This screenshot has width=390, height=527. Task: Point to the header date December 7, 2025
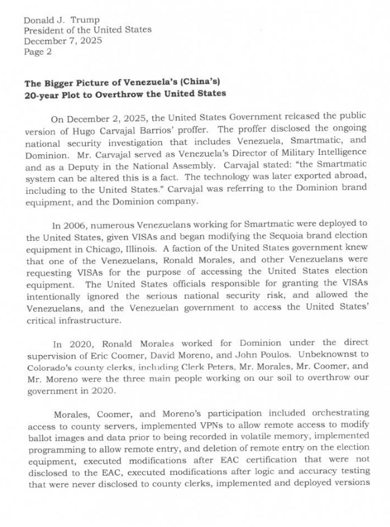[x=63, y=41]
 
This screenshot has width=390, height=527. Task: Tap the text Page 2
[x=38, y=51]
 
